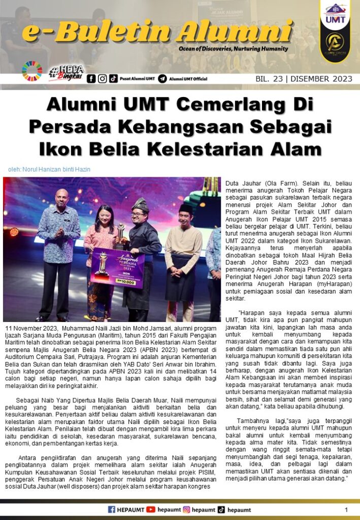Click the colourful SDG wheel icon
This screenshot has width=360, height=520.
(x=32, y=72)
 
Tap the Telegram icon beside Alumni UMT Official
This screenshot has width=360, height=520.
(x=162, y=79)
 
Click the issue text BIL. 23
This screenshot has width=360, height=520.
(x=268, y=79)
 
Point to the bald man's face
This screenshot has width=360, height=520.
(x=62, y=198)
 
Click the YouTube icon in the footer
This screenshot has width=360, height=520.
(x=151, y=509)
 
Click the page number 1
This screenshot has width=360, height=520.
(x=346, y=509)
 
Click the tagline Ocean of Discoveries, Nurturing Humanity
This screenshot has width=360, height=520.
(x=233, y=49)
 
